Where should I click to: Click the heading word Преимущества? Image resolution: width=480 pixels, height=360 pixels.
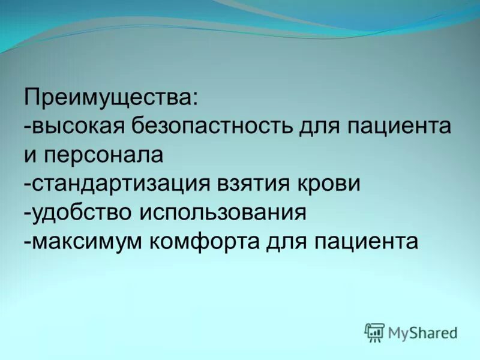tap(108, 98)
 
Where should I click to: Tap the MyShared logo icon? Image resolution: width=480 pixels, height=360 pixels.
tap(374, 332)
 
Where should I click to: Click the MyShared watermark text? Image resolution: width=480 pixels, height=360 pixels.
tap(422, 332)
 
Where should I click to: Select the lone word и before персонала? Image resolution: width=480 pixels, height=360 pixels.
tap(31, 156)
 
